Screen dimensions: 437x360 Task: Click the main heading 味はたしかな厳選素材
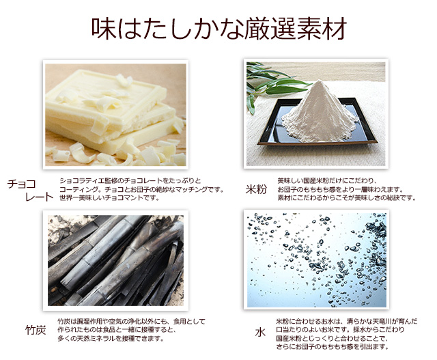point(219,29)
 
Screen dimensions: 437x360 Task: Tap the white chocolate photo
point(115,115)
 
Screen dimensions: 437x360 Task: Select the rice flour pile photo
point(316,114)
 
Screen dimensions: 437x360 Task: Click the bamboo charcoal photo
point(115,260)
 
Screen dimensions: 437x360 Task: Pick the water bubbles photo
point(317,260)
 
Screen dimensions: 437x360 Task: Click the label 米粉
point(256,189)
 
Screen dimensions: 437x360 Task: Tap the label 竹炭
point(36,330)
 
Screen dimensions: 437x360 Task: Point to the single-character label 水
point(260,333)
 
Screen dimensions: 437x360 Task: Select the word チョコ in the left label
point(22,184)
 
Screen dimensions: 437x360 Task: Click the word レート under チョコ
point(39,197)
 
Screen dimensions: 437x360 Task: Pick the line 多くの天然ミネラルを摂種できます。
point(111,339)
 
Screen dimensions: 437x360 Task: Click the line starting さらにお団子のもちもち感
point(333,347)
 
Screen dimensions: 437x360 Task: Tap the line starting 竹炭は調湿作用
point(131,321)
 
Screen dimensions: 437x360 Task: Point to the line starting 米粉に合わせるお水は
point(347,321)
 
